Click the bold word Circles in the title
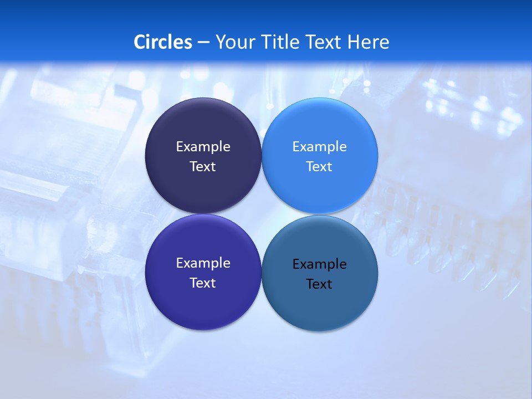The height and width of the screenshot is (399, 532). pyautogui.click(x=162, y=42)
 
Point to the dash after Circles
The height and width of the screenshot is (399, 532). pyautogui.click(x=203, y=42)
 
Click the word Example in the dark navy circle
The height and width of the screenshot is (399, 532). pyautogui.click(x=203, y=146)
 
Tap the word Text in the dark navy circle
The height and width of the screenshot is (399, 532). pyautogui.click(x=203, y=166)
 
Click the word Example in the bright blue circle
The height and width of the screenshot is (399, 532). pyautogui.click(x=319, y=146)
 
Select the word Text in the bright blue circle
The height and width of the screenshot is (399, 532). pyautogui.click(x=319, y=166)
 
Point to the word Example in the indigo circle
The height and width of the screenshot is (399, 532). pyautogui.click(x=203, y=263)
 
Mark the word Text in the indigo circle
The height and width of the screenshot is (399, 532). pyautogui.click(x=203, y=283)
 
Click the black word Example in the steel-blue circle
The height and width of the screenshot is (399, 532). pyautogui.click(x=319, y=264)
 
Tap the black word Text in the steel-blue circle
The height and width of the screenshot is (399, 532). pyautogui.click(x=319, y=284)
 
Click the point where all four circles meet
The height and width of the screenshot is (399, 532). pyautogui.click(x=262, y=214)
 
